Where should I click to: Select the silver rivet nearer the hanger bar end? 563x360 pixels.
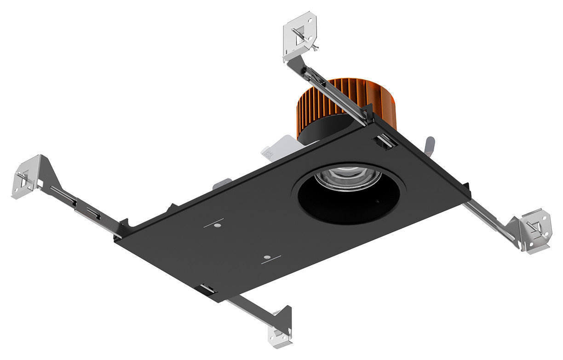coord(218,226)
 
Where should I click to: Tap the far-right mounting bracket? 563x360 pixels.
coord(534,230)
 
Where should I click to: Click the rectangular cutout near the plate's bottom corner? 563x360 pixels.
coord(207,290)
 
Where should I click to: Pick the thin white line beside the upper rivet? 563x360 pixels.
coord(213,221)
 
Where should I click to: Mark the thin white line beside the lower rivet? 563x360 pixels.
coord(271,262)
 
